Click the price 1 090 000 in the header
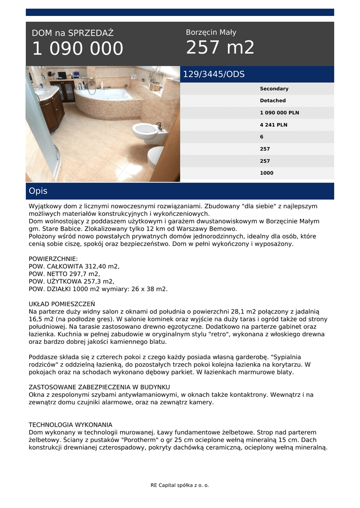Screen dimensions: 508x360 [x=77, y=49]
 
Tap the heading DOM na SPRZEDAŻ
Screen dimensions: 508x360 [x=72, y=33]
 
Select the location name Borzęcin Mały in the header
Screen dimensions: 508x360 [x=211, y=32]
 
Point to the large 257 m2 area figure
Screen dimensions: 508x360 [x=220, y=48]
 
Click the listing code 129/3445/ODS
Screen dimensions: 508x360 [x=214, y=74]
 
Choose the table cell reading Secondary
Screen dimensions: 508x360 [x=274, y=89]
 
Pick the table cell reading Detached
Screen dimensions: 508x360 [x=273, y=101]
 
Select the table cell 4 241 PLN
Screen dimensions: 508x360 [x=273, y=125]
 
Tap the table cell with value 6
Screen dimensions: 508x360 [x=262, y=137]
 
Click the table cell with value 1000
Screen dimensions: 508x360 [x=267, y=173]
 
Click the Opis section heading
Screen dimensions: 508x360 [x=38, y=191]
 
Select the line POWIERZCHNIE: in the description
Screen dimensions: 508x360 [x=53, y=259]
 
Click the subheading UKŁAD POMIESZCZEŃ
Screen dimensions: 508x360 [x=62, y=304]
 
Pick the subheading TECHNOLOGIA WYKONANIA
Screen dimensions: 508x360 [x=71, y=425]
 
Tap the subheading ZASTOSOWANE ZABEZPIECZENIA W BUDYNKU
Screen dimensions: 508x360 [x=99, y=386]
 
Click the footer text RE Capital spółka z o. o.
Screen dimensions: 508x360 [x=180, y=485]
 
